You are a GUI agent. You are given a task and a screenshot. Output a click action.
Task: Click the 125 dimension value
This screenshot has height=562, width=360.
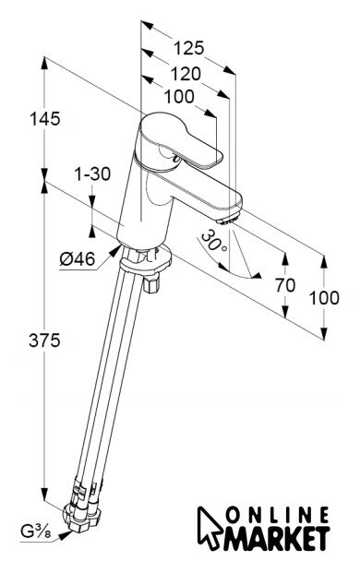(x=188, y=48)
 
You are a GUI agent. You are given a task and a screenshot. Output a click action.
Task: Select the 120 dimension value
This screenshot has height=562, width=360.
(x=185, y=74)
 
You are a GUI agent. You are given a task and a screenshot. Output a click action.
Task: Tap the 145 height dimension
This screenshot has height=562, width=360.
(x=45, y=119)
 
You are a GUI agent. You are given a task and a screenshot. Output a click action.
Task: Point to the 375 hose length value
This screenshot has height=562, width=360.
(x=44, y=341)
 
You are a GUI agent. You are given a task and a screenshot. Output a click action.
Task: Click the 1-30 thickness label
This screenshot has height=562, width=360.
(x=92, y=174)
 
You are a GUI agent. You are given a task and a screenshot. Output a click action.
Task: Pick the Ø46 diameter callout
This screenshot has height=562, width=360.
(x=78, y=258)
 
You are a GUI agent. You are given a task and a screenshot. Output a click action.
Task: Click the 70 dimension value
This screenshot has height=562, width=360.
(x=285, y=285)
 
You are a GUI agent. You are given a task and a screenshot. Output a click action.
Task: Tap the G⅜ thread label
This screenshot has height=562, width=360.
(x=35, y=532)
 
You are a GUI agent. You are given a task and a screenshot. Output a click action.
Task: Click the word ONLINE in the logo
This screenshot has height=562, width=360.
(x=278, y=516)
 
